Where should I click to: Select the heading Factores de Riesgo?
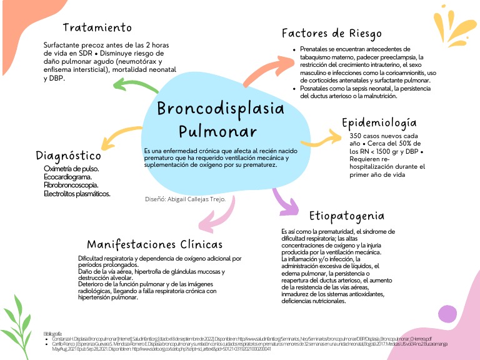pyautogui.click(x=331, y=33)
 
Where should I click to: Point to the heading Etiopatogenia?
pyautogui.click(x=346, y=216)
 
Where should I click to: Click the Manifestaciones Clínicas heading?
pyautogui.click(x=154, y=244)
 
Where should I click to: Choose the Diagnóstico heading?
pyautogui.click(x=69, y=155)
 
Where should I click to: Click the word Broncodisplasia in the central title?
pyautogui.click(x=220, y=108)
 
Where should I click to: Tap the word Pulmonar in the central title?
pyautogui.click(x=217, y=132)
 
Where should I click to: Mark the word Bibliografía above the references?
pyautogui.click(x=53, y=333)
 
